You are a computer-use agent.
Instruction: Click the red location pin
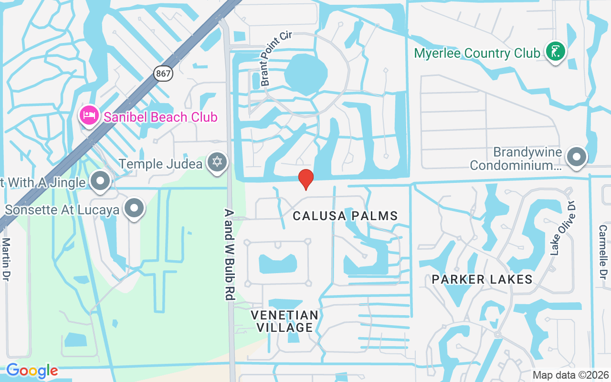305,179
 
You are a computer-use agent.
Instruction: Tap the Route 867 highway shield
163,74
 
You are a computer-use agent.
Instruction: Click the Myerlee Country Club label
477,53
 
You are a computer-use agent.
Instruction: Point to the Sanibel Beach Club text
160,117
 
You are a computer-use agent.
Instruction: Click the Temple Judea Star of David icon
217,162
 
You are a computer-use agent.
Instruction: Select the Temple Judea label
161,164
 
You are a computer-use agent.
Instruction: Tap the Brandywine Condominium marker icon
577,157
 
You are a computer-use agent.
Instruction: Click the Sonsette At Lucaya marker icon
135,209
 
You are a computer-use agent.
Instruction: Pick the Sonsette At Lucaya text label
62,210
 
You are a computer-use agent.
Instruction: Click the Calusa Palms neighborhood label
345,216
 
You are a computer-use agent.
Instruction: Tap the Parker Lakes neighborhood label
482,279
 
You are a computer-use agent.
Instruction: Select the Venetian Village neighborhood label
284,321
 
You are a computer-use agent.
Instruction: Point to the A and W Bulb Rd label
230,255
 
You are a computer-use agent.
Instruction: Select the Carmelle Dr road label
602,252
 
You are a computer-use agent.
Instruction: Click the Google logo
32,371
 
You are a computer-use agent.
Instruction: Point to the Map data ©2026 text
570,375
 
